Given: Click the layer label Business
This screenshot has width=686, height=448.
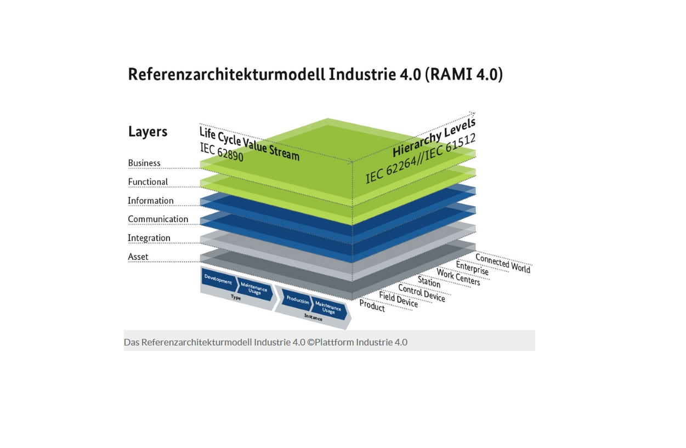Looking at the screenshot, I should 144,163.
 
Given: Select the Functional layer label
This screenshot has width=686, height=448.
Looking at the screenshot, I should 148,182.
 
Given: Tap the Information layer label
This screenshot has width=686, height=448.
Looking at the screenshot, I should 151,201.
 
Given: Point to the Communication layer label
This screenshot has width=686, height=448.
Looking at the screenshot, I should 158,219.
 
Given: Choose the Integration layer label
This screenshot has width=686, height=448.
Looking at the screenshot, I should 149,238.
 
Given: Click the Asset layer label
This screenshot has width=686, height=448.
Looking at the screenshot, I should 138,257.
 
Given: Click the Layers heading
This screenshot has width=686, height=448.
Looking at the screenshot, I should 148,132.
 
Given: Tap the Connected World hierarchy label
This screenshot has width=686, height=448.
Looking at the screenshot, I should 503,263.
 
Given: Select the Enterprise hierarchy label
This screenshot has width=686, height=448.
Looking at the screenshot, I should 472,269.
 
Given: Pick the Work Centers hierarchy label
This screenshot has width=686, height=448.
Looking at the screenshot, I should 458,277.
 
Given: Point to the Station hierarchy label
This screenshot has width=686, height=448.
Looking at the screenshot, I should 429,282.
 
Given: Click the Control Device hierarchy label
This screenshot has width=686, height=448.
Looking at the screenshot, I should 422,293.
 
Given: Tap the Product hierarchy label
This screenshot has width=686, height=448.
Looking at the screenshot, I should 372,306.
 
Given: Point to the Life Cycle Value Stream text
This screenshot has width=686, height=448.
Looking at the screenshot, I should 250,143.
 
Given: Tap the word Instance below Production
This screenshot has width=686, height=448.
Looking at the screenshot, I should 313,316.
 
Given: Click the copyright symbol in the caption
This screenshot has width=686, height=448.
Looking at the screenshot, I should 310,342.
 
